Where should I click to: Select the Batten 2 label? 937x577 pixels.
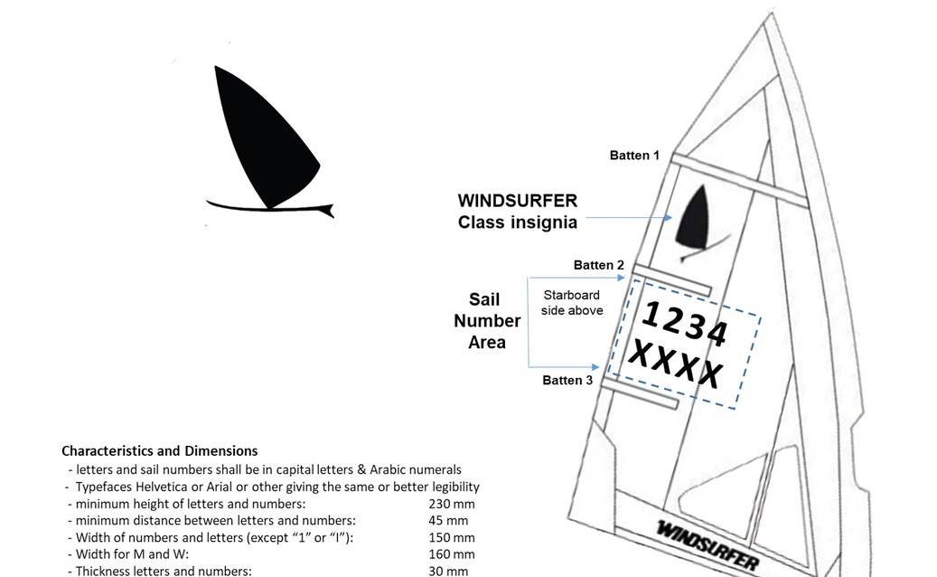point(599,265)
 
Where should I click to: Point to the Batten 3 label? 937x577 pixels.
point(567,380)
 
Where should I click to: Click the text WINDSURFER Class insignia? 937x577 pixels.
point(517,211)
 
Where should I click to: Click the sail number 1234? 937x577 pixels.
point(684,323)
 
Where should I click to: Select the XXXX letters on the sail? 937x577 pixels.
point(675,363)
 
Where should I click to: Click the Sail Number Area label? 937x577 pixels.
point(487,320)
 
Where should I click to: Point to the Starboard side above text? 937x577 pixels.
point(571,303)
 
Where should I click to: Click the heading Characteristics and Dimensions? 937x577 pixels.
point(159,450)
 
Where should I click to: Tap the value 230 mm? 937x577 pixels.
point(452,504)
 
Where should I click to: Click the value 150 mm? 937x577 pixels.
point(452,537)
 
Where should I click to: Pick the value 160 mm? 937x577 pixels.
point(452,553)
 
